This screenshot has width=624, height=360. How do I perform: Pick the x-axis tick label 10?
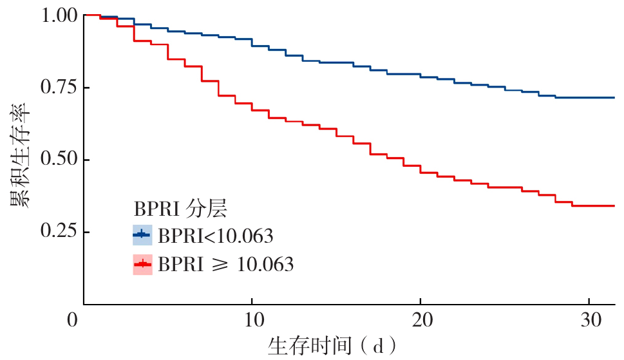[x=252, y=320]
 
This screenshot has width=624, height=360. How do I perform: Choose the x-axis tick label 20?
[x=420, y=320]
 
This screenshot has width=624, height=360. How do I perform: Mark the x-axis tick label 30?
[x=589, y=320]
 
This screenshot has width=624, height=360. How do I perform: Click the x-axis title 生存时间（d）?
[x=332, y=346]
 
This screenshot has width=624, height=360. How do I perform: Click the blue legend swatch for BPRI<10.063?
[x=142, y=236]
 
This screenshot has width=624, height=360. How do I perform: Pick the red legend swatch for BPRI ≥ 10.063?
[x=142, y=264]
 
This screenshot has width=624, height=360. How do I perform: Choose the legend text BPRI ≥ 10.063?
[x=226, y=264]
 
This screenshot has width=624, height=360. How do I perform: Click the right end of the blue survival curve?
[x=614, y=97]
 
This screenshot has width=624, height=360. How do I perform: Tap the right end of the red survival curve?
[x=614, y=205]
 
